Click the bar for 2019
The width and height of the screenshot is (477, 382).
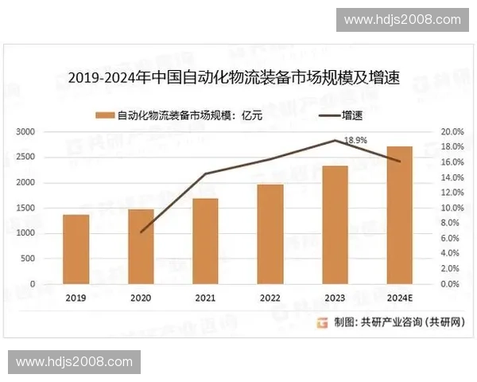point(76,249)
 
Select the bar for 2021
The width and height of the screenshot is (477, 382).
point(205,241)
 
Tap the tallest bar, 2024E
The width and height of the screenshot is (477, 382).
point(399,215)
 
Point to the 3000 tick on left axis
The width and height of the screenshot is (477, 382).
point(26,131)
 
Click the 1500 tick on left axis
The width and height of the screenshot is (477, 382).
point(26,208)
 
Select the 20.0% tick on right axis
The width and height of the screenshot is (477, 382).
point(452,131)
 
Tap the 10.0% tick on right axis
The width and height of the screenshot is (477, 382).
point(452,208)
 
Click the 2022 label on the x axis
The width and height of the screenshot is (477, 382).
point(270,298)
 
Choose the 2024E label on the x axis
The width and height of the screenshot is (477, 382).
point(399,298)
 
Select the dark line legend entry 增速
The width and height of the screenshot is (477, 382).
point(342,115)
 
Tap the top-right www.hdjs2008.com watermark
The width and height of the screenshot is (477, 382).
point(402,19)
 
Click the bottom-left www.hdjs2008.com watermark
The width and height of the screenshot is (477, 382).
point(75,362)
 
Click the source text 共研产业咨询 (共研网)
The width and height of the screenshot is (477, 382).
point(405,322)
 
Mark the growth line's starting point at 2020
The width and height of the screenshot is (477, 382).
point(141,232)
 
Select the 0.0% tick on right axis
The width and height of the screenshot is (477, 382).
point(452,284)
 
